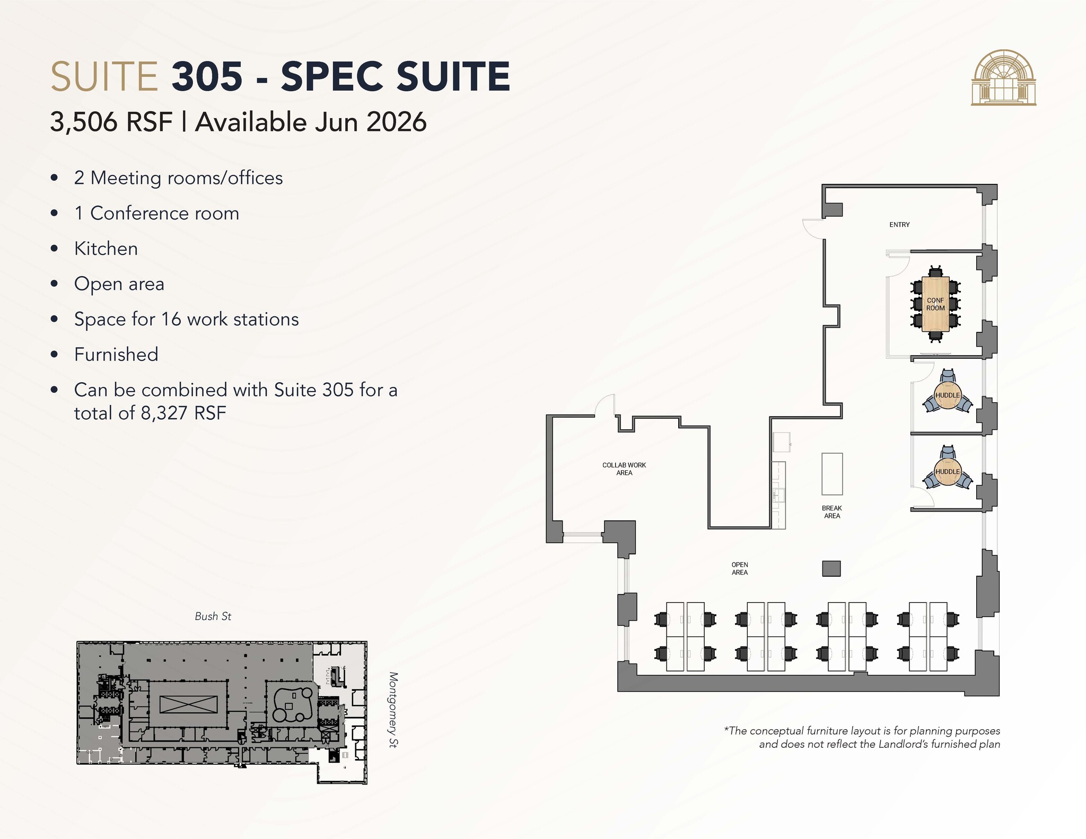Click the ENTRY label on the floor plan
(x=899, y=225)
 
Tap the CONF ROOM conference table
(x=935, y=304)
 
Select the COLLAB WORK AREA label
(x=624, y=469)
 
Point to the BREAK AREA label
(x=832, y=512)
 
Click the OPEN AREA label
(x=740, y=569)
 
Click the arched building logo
(x=1004, y=77)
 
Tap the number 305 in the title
(x=207, y=76)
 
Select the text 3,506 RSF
(x=111, y=122)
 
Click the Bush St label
(x=213, y=616)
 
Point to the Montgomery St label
(x=393, y=710)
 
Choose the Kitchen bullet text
(x=106, y=249)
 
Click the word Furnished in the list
(x=116, y=355)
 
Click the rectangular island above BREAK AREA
(x=832, y=474)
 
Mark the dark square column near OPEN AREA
(x=831, y=569)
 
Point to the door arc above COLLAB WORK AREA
(x=605, y=405)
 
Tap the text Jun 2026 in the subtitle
(x=371, y=122)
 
